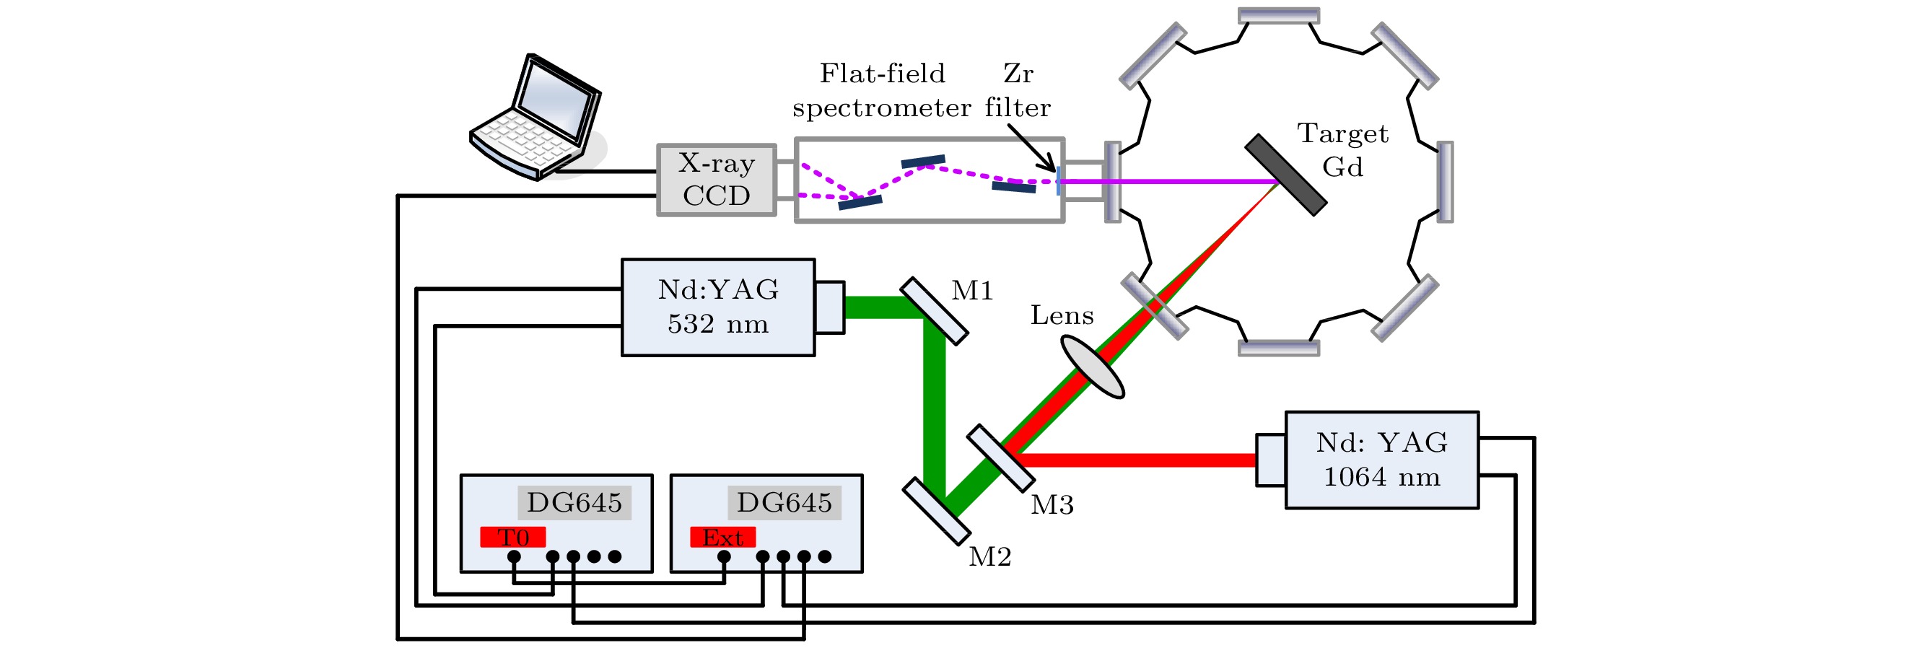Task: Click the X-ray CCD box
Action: [x=716, y=180]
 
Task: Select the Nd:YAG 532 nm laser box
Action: [x=718, y=307]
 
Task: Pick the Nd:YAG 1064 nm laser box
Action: [x=1381, y=460]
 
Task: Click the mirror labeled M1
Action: [x=934, y=311]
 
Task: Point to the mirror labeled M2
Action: [x=936, y=512]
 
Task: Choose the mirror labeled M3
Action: [x=1000, y=458]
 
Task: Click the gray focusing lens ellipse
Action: [x=1092, y=367]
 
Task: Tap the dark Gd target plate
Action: [x=1285, y=175]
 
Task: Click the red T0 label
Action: [x=513, y=537]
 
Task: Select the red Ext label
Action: [x=722, y=537]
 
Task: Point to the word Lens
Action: [x=1062, y=316]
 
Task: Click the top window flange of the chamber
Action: [x=1278, y=16]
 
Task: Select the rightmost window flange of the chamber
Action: [x=1445, y=182]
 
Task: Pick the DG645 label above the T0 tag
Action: [x=574, y=502]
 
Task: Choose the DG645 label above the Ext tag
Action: [x=784, y=502]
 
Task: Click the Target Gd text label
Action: [x=1342, y=150]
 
